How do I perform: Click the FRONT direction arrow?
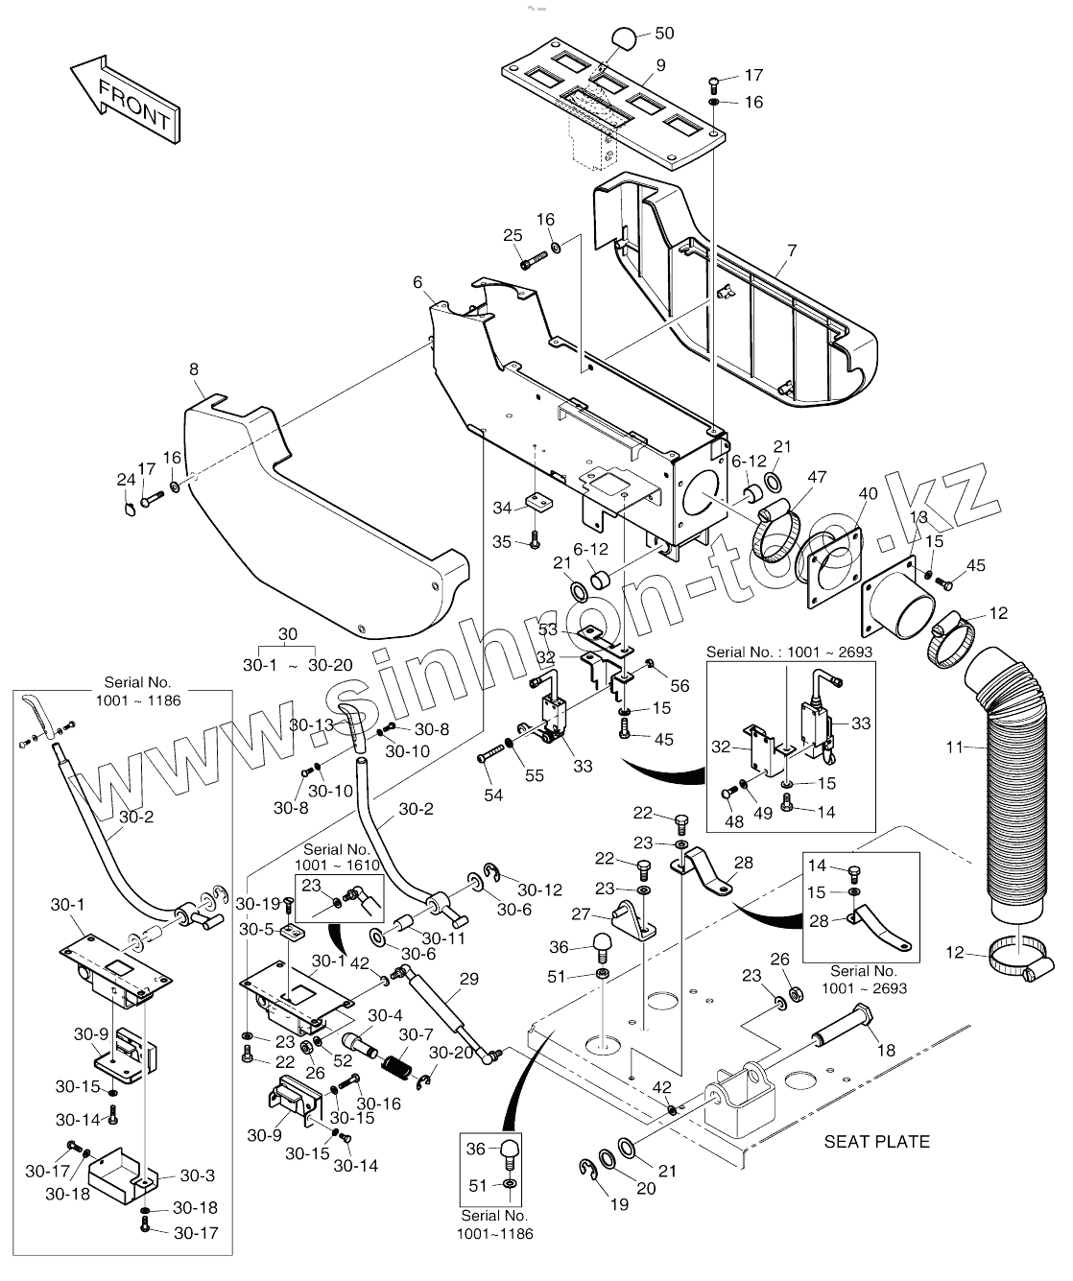tap(126, 99)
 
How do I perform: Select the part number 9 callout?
tap(660, 65)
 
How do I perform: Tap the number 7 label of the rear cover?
tap(792, 250)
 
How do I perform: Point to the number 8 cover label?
tap(194, 369)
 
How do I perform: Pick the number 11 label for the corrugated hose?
tap(955, 747)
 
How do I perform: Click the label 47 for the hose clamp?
tap(817, 477)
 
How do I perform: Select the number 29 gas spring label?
tap(469, 979)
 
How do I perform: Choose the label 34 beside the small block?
tap(502, 508)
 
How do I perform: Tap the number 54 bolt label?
tap(493, 795)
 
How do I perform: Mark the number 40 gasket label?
tap(868, 493)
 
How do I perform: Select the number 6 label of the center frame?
tap(418, 281)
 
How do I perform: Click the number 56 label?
tap(680, 685)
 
